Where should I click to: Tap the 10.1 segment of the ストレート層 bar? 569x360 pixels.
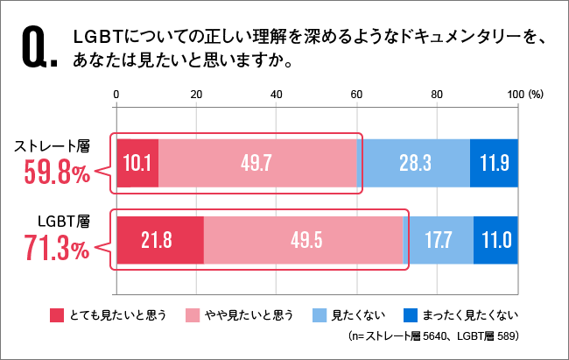pos(137,163)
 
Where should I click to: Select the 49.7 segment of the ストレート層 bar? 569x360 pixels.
pos(259,163)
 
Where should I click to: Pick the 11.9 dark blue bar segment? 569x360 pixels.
pos(494,163)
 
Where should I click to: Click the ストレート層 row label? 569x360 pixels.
pos(55,146)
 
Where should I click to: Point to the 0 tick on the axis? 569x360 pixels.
pos(116,94)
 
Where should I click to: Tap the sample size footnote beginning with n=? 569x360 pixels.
pos(434,335)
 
